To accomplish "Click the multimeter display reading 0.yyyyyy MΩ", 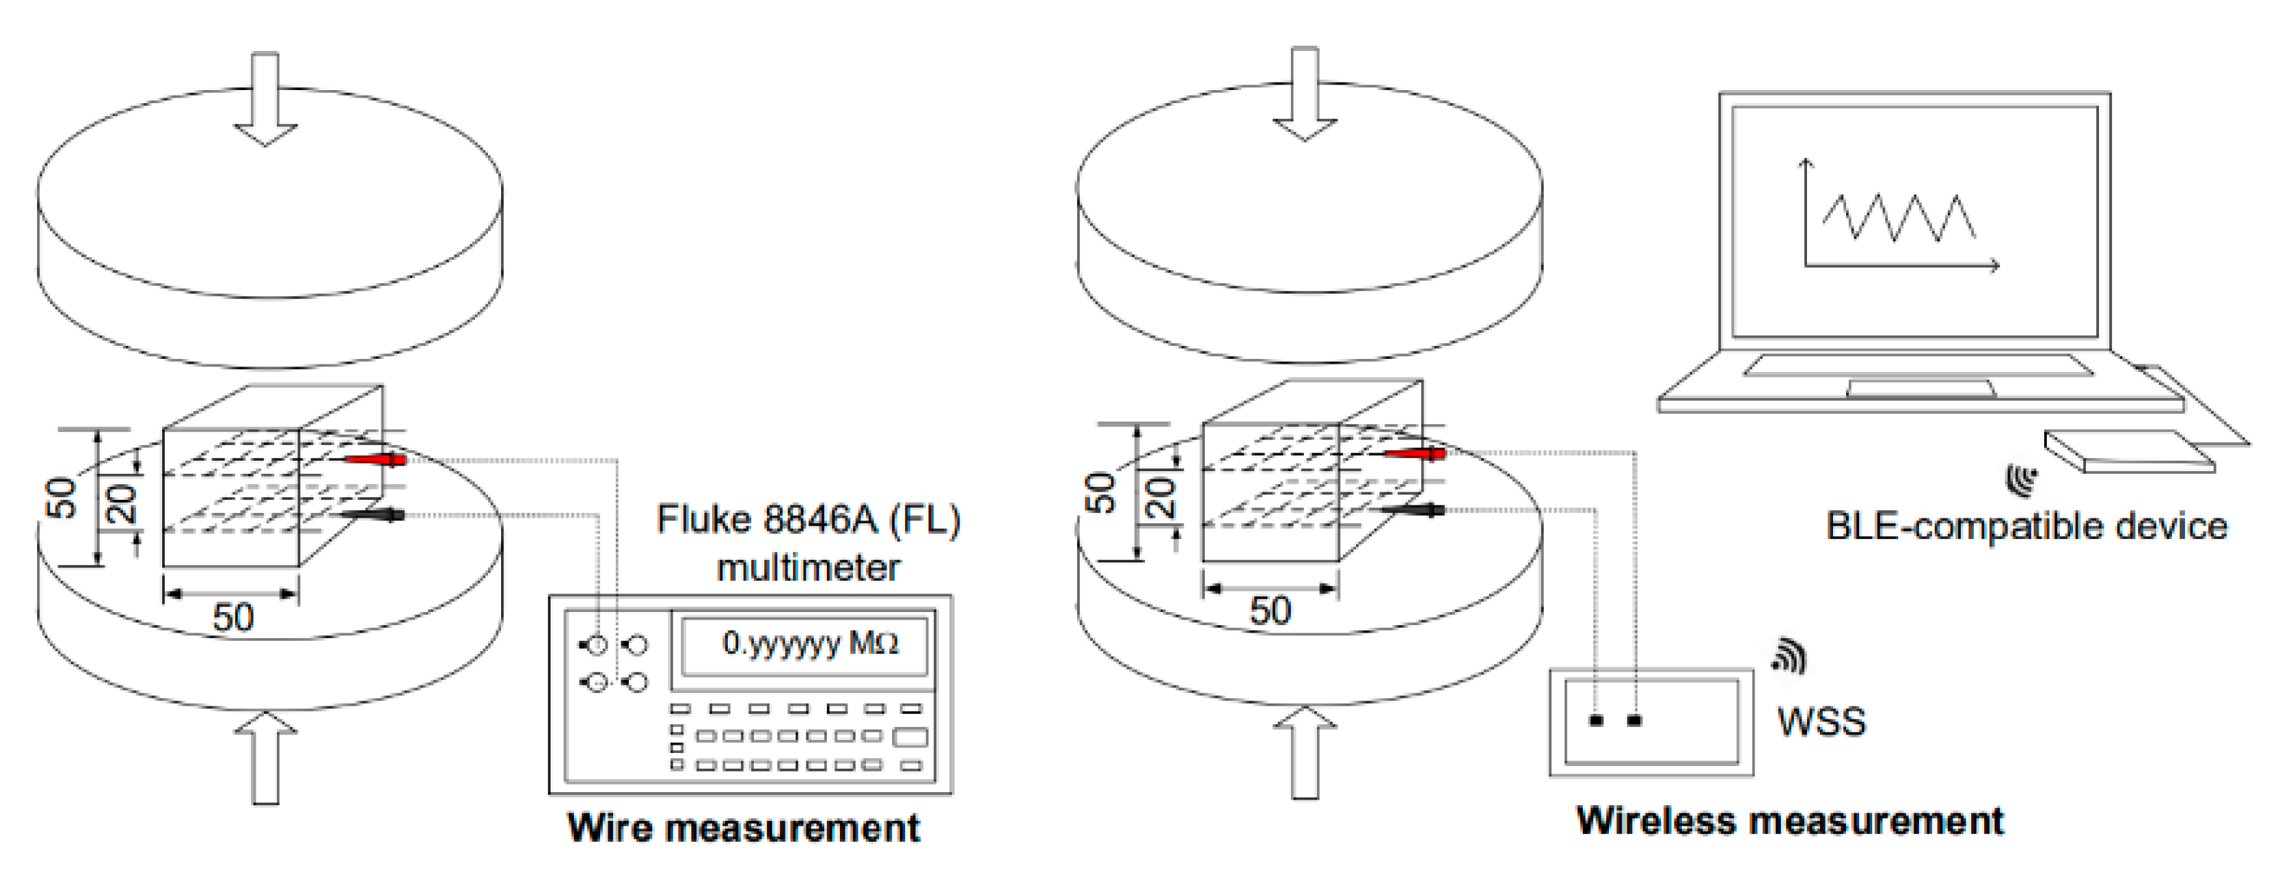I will [803, 644].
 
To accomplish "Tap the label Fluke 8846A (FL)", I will [808, 520].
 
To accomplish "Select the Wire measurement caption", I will [744, 828].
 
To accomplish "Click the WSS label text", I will [1821, 722].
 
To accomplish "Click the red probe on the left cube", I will [375, 459].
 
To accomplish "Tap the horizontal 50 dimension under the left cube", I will [233, 616].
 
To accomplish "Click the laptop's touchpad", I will [1920, 388].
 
